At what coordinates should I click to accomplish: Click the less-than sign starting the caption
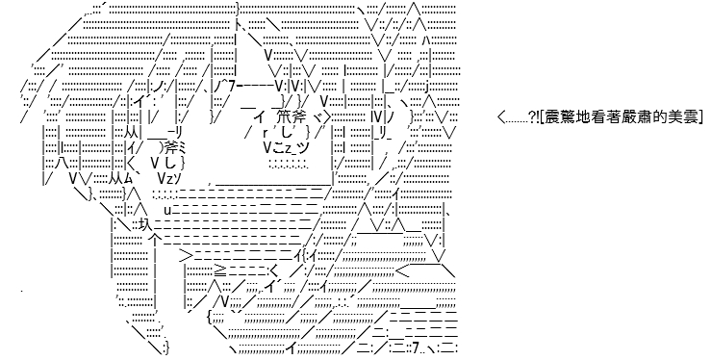tap(501, 117)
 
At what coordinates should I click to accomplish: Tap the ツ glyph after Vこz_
tap(304, 147)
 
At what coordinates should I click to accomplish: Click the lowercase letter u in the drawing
tap(167, 210)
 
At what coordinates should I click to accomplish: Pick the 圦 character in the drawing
tap(145, 223)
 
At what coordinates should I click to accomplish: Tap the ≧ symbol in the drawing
tap(220, 270)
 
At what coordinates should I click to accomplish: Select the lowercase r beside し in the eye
tap(265, 133)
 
